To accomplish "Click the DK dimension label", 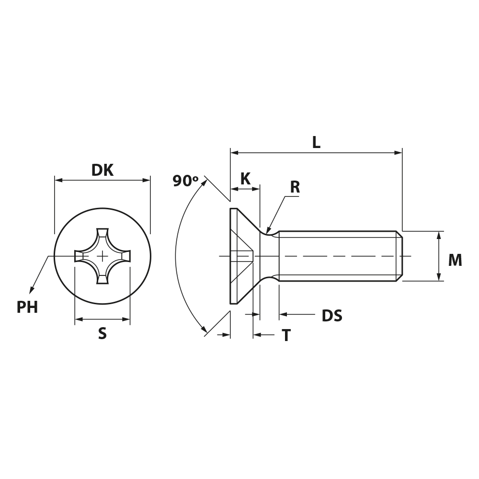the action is (x=103, y=170).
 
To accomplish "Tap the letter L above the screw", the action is (x=316, y=142).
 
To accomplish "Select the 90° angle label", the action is (x=185, y=181).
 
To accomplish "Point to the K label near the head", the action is (x=246, y=179).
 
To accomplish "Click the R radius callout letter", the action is (x=295, y=187).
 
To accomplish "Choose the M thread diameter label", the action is (x=455, y=260).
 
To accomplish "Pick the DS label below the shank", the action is (x=332, y=316).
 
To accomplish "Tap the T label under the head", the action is (x=286, y=335).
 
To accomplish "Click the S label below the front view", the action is (x=103, y=333).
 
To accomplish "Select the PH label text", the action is (x=27, y=308).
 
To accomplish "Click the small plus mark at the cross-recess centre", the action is (x=103, y=256).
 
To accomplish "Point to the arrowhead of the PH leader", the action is (x=32, y=290).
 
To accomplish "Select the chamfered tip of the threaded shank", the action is (x=399, y=256).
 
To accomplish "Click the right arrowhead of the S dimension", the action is (x=126, y=319).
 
